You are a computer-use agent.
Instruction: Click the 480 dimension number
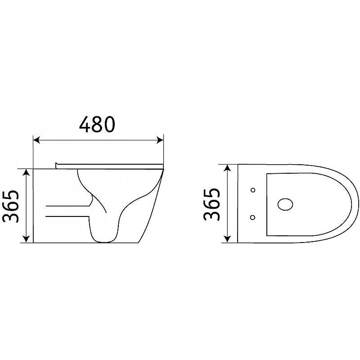point(97,125)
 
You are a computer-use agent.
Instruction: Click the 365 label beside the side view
point(10,207)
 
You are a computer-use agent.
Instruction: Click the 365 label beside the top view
point(211,204)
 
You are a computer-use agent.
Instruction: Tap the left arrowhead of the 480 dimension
point(36,140)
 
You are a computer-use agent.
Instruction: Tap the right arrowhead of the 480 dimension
point(160,140)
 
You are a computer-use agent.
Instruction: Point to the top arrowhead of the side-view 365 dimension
point(27,172)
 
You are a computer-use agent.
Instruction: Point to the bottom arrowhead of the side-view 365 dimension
point(27,239)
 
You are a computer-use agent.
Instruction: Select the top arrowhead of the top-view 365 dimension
point(227,168)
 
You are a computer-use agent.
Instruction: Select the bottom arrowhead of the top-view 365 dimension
point(227,239)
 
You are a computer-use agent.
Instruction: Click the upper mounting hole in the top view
point(253,190)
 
